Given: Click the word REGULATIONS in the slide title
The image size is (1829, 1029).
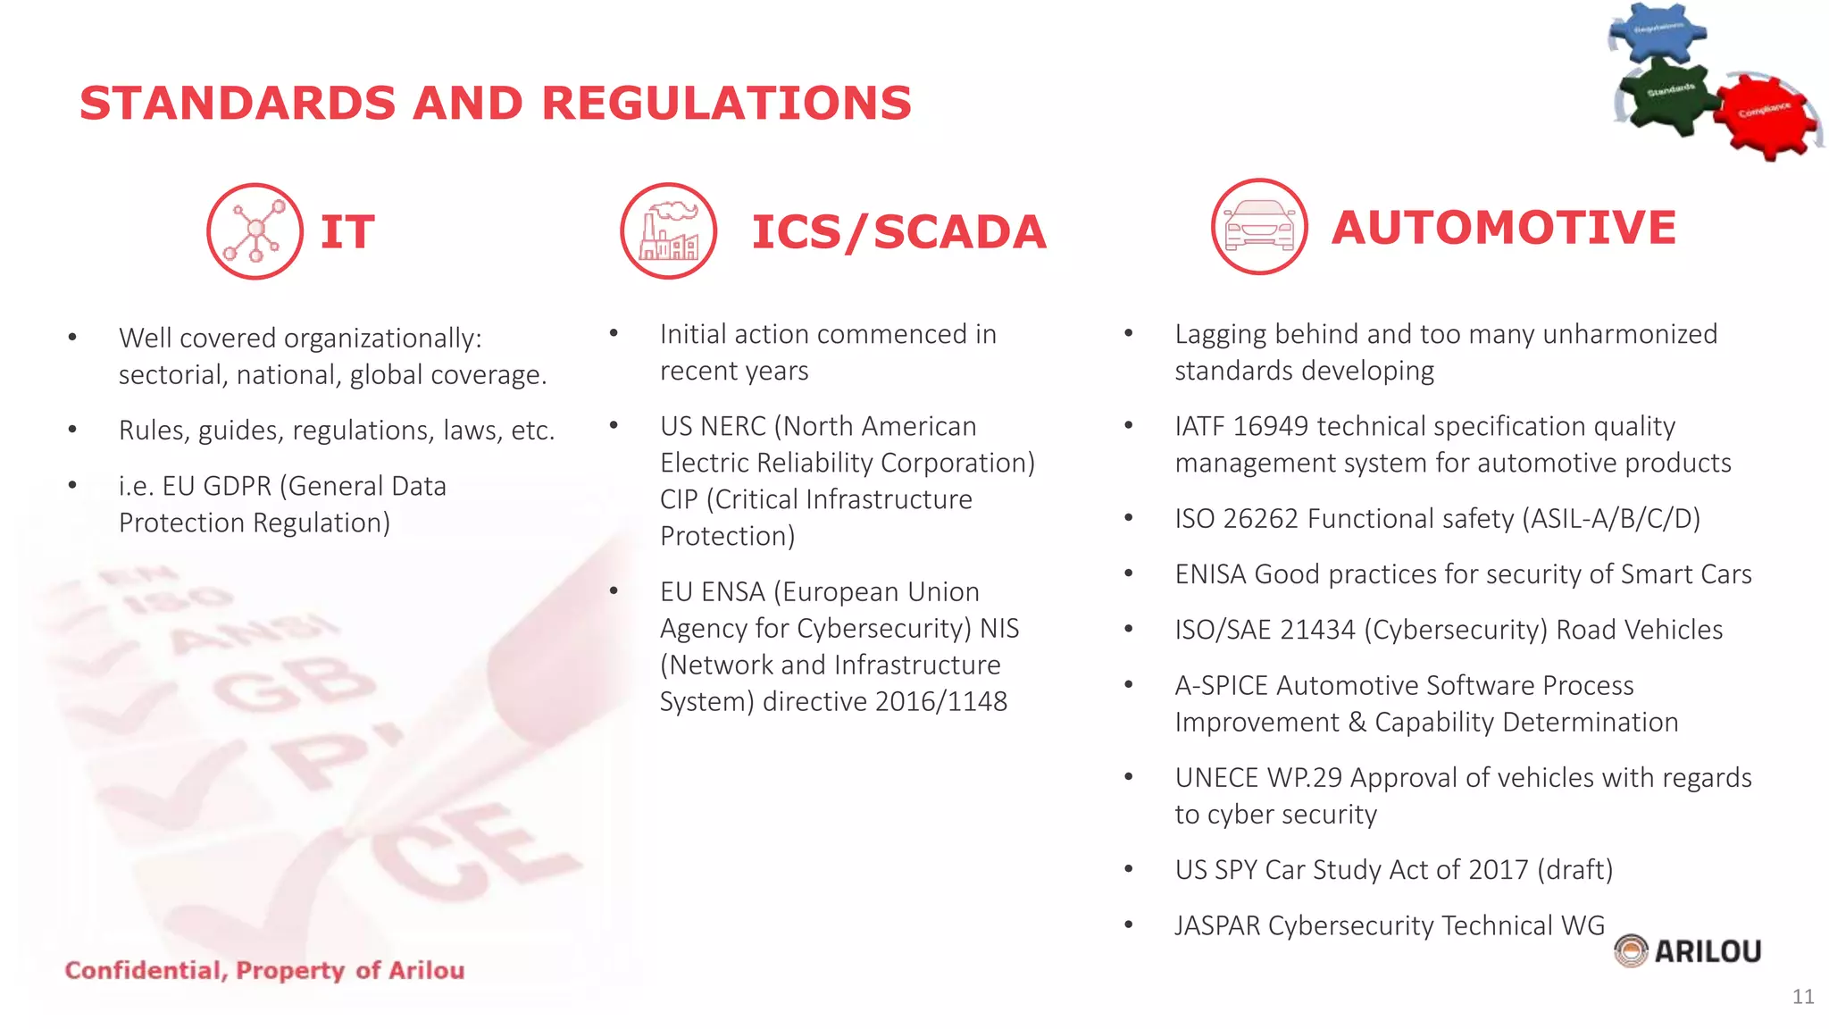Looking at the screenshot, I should coord(726,103).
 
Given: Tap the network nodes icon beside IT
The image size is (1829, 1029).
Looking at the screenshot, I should coord(255,231).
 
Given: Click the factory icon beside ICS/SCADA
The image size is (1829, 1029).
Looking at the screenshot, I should coord(669,231).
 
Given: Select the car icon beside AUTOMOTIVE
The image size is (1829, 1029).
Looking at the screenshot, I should coord(1259,227).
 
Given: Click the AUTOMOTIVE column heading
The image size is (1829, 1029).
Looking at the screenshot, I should coord(1504,227).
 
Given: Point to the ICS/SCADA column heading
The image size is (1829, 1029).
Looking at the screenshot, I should coord(898,232).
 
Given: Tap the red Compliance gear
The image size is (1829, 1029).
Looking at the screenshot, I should coord(1765,113).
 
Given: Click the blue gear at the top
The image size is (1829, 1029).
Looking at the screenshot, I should coord(1658,32).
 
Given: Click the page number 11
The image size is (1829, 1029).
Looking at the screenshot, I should coord(1802,997).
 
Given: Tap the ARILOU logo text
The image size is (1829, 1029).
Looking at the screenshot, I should coord(1707,951).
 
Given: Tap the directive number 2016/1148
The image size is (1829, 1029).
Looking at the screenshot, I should coord(940,702).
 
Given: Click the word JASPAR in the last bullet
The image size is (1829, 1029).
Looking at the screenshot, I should coord(1217,926).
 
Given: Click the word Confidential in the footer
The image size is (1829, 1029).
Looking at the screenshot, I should coord(144,971).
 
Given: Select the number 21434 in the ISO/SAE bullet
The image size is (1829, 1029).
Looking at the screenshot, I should coord(1317,631).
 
